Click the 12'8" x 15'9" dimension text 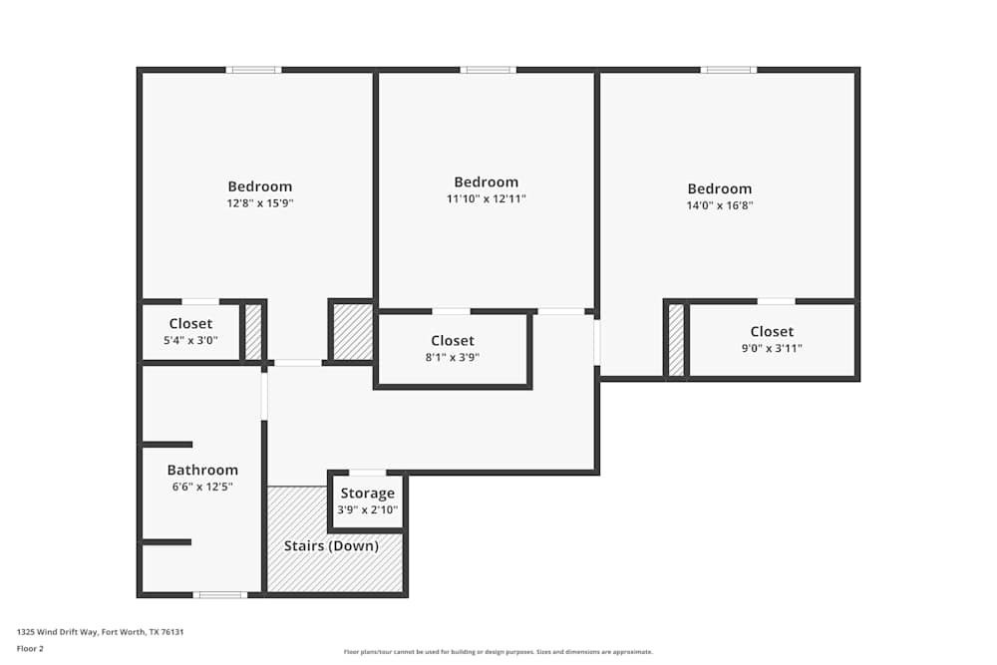click(x=260, y=202)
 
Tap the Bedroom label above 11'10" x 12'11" click(x=486, y=181)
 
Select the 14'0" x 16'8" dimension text click(x=719, y=205)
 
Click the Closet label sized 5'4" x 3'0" click(x=190, y=323)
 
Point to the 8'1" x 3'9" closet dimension click(x=453, y=357)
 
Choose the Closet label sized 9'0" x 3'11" click(x=772, y=331)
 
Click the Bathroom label click(x=202, y=470)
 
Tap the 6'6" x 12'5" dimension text click(x=202, y=487)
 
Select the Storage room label click(x=368, y=494)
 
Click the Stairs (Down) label click(x=331, y=545)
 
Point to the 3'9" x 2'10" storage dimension click(x=368, y=509)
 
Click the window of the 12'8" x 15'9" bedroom click(x=253, y=70)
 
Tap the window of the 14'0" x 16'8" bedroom click(x=728, y=70)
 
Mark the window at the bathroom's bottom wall click(x=219, y=595)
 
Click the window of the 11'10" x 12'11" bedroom click(x=488, y=70)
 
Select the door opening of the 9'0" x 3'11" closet click(x=776, y=300)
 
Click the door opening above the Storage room click(x=367, y=473)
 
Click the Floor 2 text click(x=30, y=648)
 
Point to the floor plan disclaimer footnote click(x=498, y=652)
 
